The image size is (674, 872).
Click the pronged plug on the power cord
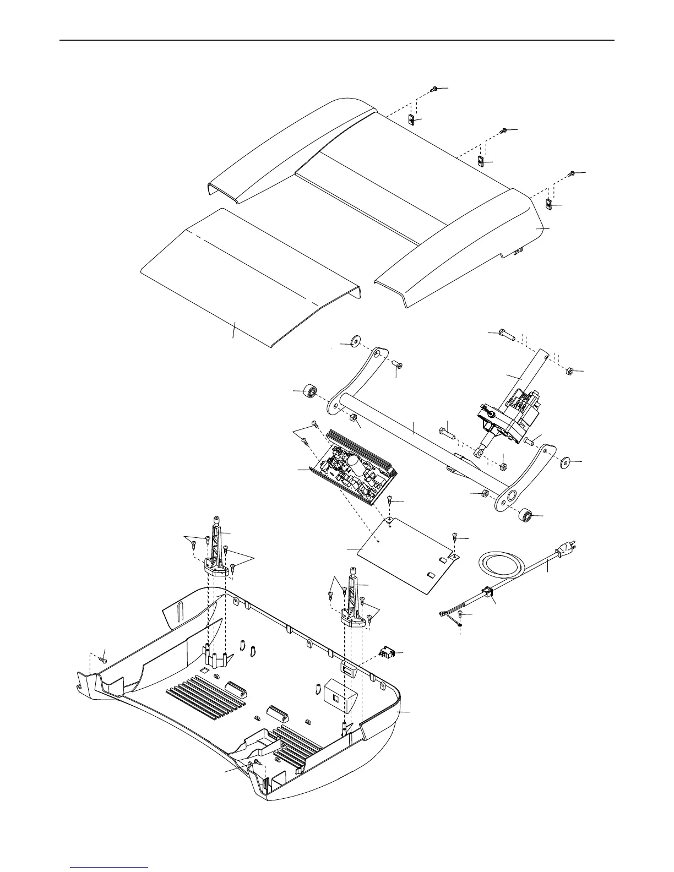pos(567,547)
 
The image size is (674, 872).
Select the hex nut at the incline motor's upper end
pos(570,370)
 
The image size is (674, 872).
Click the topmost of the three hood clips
pos(412,119)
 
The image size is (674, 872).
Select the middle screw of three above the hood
pos(503,130)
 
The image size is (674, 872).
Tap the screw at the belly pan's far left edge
pos(102,658)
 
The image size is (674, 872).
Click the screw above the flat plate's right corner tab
pos(455,536)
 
